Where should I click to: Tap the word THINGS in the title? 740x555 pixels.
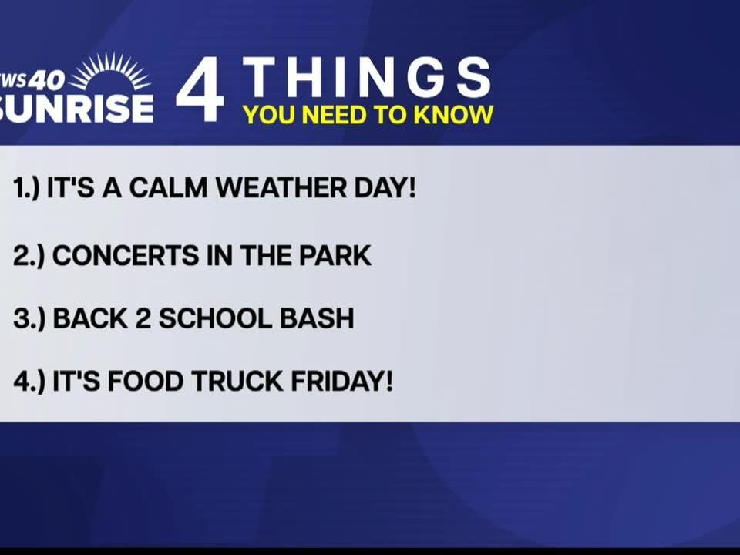(x=367, y=78)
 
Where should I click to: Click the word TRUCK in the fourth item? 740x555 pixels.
(x=235, y=380)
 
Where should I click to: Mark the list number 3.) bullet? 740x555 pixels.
(x=28, y=318)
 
